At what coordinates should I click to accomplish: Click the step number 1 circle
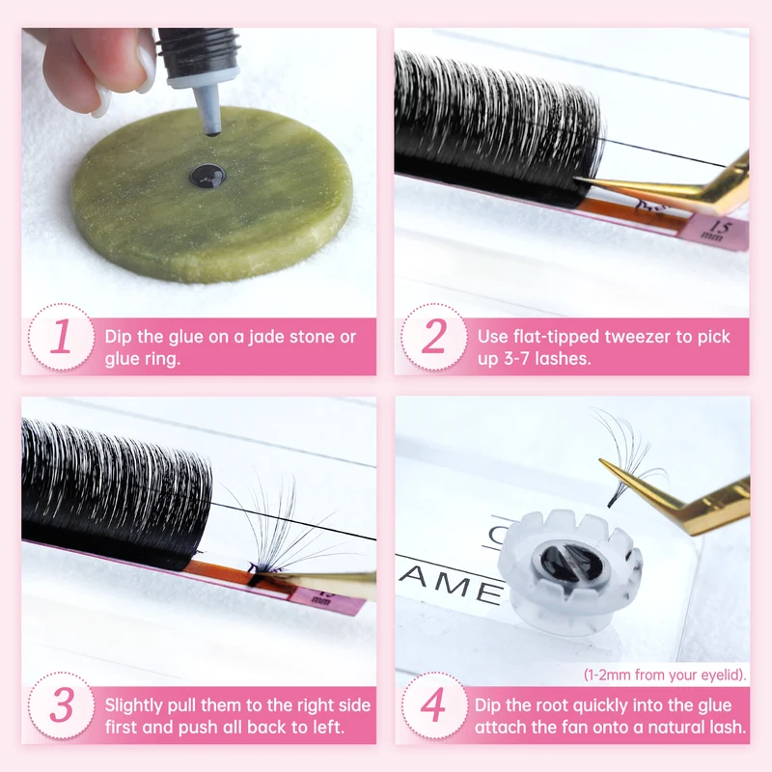[x=61, y=337]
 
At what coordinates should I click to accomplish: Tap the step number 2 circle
[x=433, y=337]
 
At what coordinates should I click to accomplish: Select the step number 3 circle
[x=61, y=705]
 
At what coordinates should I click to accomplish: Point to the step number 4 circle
[x=433, y=705]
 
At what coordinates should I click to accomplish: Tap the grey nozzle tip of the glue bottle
[x=207, y=111]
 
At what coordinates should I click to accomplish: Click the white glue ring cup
[x=569, y=567]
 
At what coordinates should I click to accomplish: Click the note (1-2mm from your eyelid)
[x=665, y=675]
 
